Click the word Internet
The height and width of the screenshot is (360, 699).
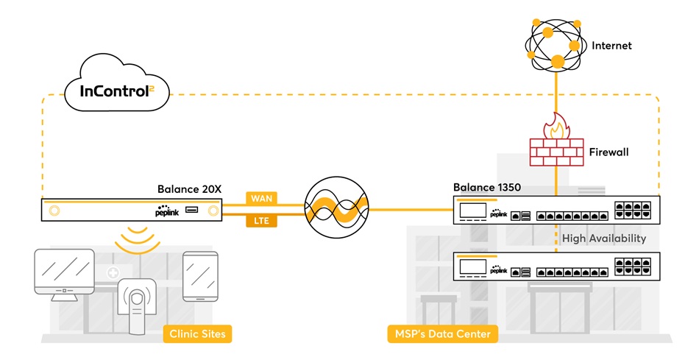611,46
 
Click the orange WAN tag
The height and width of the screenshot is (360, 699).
262,199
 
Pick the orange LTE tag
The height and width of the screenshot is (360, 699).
262,219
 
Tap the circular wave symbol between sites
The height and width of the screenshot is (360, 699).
336,209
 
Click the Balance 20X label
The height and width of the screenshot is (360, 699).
187,188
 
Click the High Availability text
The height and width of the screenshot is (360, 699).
603,238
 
